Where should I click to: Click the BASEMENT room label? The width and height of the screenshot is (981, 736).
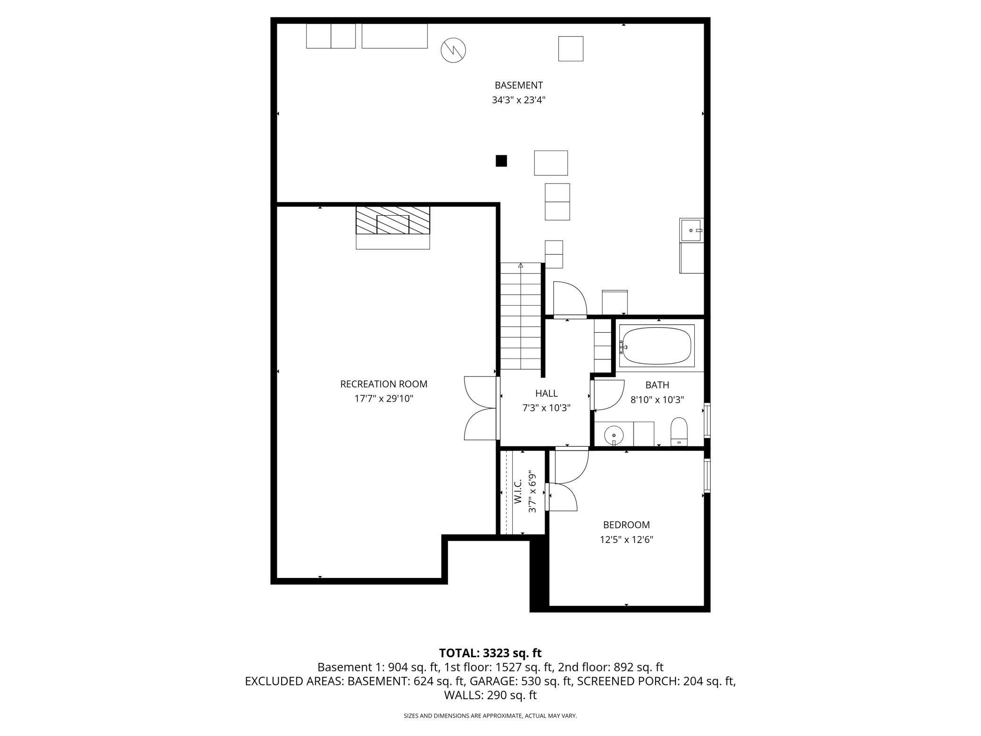coord(518,85)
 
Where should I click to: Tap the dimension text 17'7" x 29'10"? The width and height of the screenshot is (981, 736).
coord(383,399)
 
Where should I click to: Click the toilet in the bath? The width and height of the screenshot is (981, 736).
coord(679,431)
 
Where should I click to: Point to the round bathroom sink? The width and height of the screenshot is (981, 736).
coord(614,434)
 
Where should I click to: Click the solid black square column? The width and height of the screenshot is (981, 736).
coord(501,161)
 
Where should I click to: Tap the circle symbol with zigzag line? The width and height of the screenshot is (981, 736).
coord(453,50)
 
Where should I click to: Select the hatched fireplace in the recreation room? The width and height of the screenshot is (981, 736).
coord(393,220)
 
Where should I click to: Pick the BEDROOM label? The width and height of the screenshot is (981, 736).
coord(626,525)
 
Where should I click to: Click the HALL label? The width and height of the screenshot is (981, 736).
coord(546,393)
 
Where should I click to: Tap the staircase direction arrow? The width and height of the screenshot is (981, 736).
coord(521,266)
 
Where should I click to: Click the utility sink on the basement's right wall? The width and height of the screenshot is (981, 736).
coord(691,230)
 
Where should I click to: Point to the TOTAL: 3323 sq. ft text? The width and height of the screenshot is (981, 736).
coord(490,653)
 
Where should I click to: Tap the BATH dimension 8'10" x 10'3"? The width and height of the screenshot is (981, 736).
coord(657,400)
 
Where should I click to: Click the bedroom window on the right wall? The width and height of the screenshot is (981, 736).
coord(707,476)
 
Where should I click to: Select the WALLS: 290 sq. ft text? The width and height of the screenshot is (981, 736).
coord(490,695)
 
